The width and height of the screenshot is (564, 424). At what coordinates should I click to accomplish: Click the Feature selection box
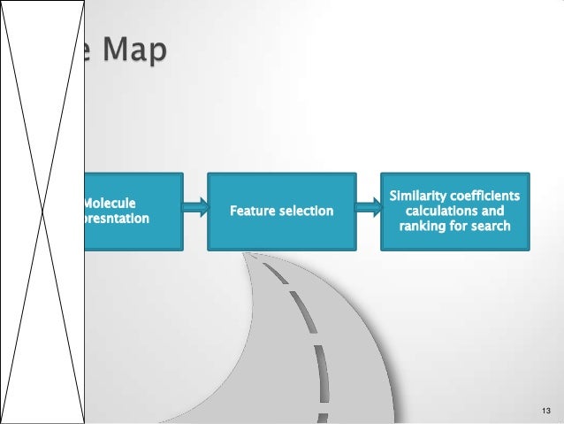pos(281,209)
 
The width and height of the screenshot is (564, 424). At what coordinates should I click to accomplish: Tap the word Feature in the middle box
pos(252,212)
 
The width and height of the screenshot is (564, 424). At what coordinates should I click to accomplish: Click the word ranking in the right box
pos(420,227)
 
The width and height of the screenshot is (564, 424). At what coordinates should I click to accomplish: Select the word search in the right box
pos(491,227)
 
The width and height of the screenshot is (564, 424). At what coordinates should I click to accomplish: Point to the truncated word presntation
pos(117,219)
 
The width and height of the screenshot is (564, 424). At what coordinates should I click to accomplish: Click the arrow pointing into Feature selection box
pos(194,210)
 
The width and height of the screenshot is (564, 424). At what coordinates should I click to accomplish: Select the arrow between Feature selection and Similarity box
pos(368,210)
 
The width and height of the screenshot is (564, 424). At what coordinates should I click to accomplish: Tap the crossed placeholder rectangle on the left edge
pos(42,212)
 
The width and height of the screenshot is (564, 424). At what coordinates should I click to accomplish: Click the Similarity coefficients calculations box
pos(454,209)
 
